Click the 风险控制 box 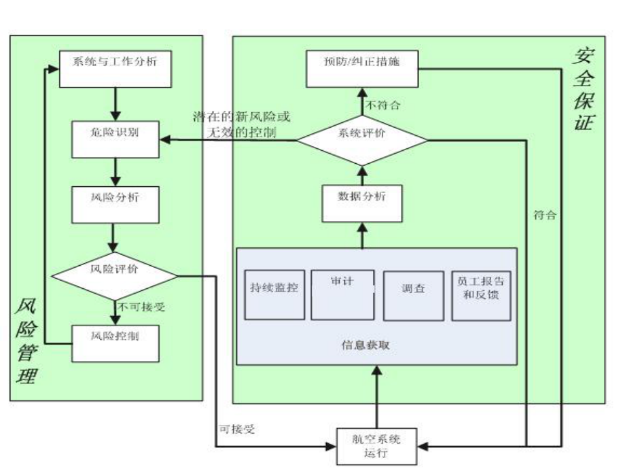tap(115, 343)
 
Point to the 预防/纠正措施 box tap(362, 68)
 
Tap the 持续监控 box tap(274, 295)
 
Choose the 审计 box tap(342, 294)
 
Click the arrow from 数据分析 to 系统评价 tap(362, 174)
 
